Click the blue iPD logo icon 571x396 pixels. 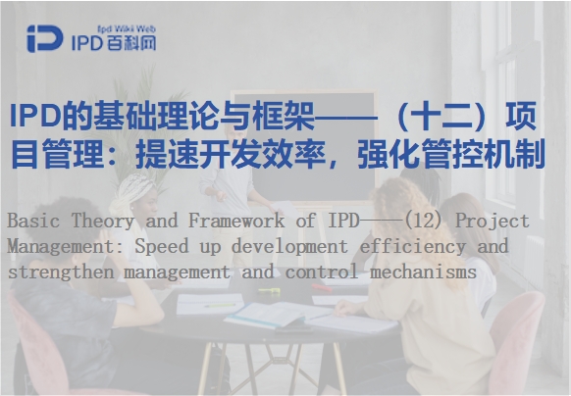[44, 38]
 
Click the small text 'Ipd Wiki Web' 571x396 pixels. [127, 29]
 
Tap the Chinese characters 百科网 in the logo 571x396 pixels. [132, 43]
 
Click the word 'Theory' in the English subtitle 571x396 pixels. [103, 222]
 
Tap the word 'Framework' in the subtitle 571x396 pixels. [236, 221]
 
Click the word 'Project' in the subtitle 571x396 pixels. [493, 222]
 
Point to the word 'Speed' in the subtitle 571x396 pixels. [162, 246]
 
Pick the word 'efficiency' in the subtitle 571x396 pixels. [413, 246]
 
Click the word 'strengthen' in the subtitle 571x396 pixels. [61, 272]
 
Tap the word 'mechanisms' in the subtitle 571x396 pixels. [423, 272]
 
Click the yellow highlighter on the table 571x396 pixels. [269, 290]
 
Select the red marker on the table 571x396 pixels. [322, 287]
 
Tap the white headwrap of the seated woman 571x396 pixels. [130, 191]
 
